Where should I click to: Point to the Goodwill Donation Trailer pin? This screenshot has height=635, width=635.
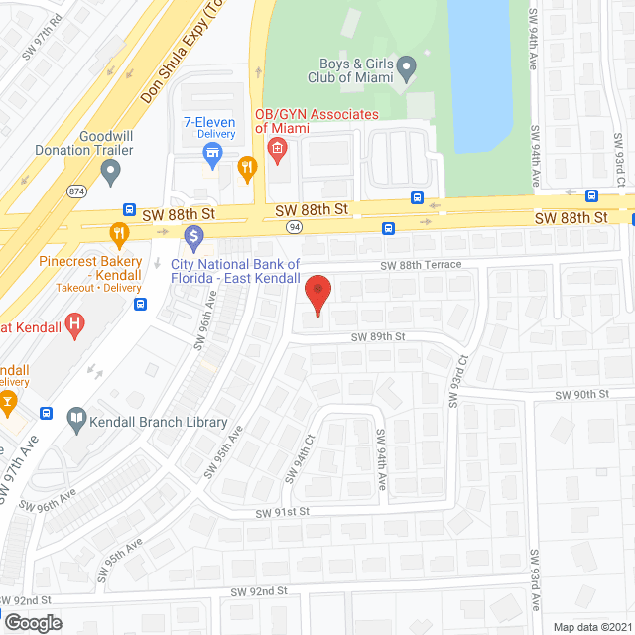[111, 173]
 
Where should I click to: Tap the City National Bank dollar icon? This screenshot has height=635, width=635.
[192, 238]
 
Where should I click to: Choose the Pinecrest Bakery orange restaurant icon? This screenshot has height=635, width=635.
[119, 235]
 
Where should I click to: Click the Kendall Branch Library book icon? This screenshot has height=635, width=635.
[75, 422]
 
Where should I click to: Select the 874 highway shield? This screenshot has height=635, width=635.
[75, 190]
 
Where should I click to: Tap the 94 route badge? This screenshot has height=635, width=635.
[294, 226]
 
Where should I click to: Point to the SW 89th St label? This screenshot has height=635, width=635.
[378, 337]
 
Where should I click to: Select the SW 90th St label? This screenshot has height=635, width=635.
[580, 395]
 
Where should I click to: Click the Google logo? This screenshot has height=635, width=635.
[32, 622]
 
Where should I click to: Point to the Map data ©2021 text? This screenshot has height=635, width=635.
[591, 626]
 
